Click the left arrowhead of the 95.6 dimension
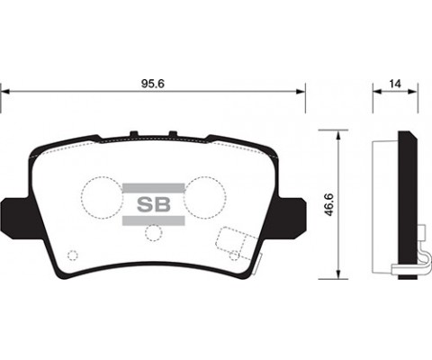(x=6, y=91)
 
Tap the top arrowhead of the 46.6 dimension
(x=337, y=134)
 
